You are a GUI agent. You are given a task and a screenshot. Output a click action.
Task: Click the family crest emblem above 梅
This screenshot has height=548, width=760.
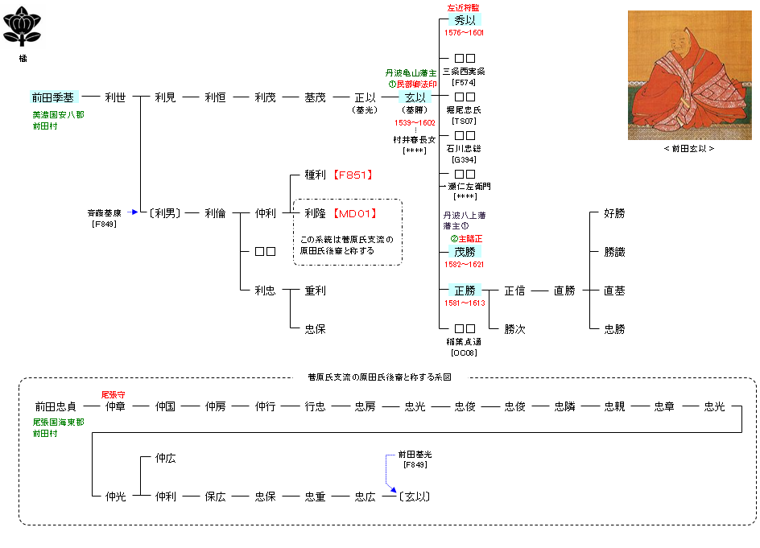click(23, 28)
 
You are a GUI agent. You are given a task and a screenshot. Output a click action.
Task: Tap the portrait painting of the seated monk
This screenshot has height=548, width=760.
click(684, 75)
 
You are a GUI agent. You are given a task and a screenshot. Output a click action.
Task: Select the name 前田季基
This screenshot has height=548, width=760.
click(53, 97)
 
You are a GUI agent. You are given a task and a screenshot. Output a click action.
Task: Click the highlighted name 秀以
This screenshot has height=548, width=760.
click(465, 21)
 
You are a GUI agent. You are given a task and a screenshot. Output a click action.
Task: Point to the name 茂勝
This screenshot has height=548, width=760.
click(465, 252)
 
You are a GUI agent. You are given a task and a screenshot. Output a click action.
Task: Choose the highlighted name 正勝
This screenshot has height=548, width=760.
click(465, 290)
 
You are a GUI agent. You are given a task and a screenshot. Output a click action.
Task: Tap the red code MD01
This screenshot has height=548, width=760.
click(355, 213)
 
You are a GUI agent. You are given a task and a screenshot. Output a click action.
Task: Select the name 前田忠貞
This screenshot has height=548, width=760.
click(56, 406)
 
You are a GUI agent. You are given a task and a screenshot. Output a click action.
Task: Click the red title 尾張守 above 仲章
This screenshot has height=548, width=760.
click(113, 395)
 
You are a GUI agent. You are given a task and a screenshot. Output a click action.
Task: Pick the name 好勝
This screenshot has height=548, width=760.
click(614, 213)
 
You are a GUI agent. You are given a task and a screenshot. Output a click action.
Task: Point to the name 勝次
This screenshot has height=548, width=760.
click(514, 329)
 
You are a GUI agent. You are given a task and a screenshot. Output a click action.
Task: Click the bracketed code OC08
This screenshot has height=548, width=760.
click(465, 352)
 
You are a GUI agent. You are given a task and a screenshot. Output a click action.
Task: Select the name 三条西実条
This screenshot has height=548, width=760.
click(465, 72)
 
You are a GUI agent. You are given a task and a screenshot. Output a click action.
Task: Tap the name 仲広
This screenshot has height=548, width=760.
click(165, 458)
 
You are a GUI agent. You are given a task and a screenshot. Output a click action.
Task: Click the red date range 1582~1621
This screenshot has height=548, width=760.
click(464, 264)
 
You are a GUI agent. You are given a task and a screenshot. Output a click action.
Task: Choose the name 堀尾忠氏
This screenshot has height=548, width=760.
click(465, 109)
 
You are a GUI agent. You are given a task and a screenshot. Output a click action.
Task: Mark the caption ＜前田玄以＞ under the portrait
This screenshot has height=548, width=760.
click(684, 149)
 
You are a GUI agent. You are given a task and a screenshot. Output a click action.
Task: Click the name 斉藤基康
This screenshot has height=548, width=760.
click(105, 213)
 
